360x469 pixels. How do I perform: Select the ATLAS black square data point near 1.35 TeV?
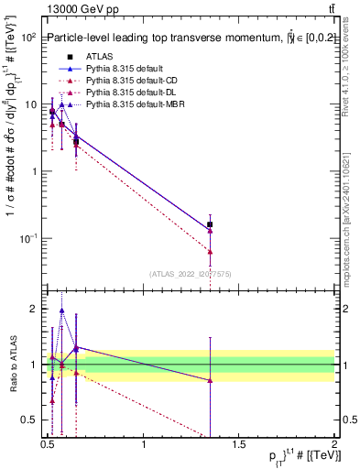point(211,224)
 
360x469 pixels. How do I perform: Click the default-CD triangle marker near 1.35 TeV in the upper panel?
point(211,251)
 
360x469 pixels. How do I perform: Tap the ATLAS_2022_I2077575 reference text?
point(190,273)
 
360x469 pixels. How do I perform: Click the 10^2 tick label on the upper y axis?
point(27,38)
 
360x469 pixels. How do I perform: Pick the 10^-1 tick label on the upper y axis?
point(27,239)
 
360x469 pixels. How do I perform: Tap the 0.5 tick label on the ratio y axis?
point(28,420)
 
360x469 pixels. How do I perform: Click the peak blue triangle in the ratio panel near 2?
point(61,311)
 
